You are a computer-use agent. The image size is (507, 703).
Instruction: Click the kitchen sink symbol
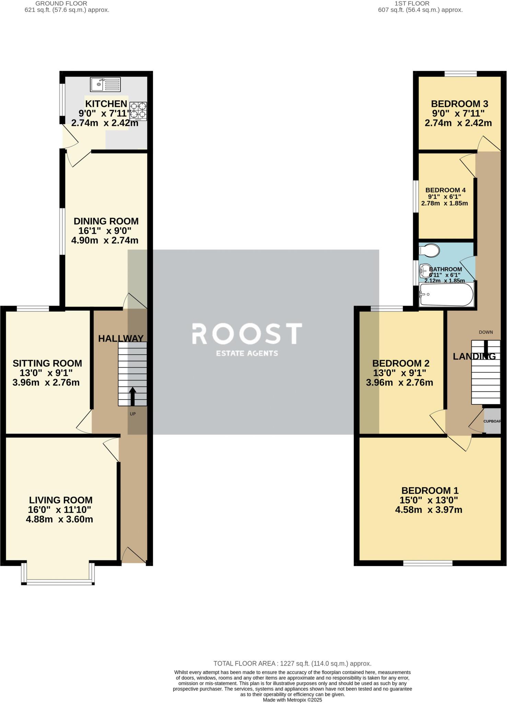tap(105, 84)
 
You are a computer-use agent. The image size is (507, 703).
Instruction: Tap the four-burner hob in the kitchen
tap(138, 111)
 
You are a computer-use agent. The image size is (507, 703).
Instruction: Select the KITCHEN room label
tap(106, 104)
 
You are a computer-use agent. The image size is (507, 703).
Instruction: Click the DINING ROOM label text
tap(106, 221)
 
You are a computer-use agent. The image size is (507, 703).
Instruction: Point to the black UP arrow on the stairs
tap(132, 396)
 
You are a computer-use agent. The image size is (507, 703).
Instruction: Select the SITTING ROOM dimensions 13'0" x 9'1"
tap(47, 373)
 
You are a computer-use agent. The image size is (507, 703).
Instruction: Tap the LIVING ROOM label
tap(61, 500)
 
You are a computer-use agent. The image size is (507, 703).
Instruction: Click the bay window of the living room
tap(58, 581)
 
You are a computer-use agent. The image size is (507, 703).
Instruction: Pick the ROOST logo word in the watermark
tap(247, 334)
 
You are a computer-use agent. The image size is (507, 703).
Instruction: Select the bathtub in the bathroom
tap(447, 295)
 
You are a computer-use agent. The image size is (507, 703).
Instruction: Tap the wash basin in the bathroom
tap(425, 271)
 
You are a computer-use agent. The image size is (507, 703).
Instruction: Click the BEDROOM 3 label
tap(460, 104)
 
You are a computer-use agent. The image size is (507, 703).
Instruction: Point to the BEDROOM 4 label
tap(445, 190)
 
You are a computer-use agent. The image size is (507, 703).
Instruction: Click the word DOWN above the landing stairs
tap(486, 332)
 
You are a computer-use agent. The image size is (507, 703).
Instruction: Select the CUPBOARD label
tap(492, 421)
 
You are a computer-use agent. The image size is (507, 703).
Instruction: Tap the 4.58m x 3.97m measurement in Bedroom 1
tap(428, 510)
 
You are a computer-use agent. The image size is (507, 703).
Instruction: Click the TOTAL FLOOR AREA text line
tap(292, 664)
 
